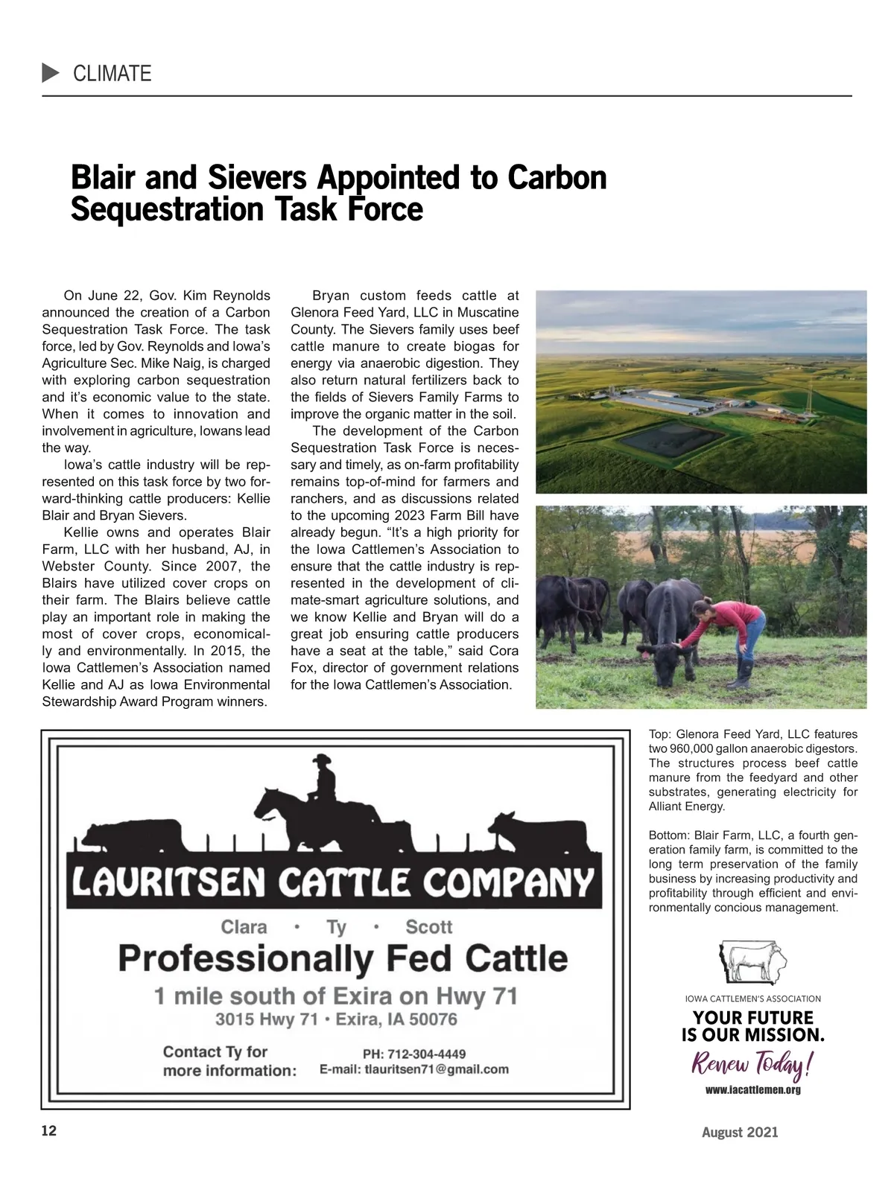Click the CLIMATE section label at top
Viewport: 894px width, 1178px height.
(x=112, y=74)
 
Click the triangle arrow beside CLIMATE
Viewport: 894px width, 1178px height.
(x=51, y=73)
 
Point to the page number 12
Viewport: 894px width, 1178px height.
(x=48, y=1131)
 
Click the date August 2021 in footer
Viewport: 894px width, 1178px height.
(x=740, y=1132)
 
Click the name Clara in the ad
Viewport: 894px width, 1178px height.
(x=244, y=927)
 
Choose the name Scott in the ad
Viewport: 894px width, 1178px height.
(x=428, y=927)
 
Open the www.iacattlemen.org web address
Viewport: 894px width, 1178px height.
(x=752, y=1090)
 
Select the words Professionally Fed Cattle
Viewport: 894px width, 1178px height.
(x=343, y=959)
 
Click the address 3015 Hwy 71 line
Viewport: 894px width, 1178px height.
(x=336, y=1019)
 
